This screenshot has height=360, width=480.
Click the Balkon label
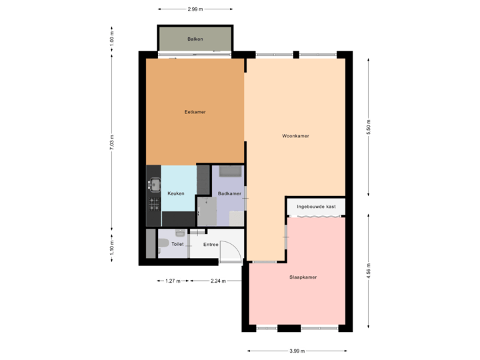pyautogui.click(x=195, y=39)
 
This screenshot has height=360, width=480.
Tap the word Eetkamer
pyautogui.click(x=195, y=112)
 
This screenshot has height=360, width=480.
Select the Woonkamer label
pyautogui.click(x=295, y=136)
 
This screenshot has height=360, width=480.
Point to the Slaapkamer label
pyautogui.click(x=303, y=276)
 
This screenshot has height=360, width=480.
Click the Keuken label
pyautogui.click(x=176, y=193)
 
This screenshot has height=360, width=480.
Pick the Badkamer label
pyautogui.click(x=229, y=193)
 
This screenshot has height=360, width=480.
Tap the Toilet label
pyautogui.click(x=177, y=244)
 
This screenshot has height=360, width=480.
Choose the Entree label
pyautogui.click(x=211, y=244)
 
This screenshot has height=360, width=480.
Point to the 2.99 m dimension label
pyautogui.click(x=195, y=9)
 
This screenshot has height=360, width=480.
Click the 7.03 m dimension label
pyautogui.click(x=112, y=144)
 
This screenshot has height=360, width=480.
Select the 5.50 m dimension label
pyautogui.click(x=369, y=127)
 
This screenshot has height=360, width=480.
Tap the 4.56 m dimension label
pyautogui.click(x=369, y=271)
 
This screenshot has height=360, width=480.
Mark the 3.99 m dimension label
pyautogui.click(x=297, y=351)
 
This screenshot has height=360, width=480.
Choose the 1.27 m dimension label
pyautogui.click(x=173, y=281)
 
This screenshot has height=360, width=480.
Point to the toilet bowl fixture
pyautogui.click(x=163, y=244)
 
